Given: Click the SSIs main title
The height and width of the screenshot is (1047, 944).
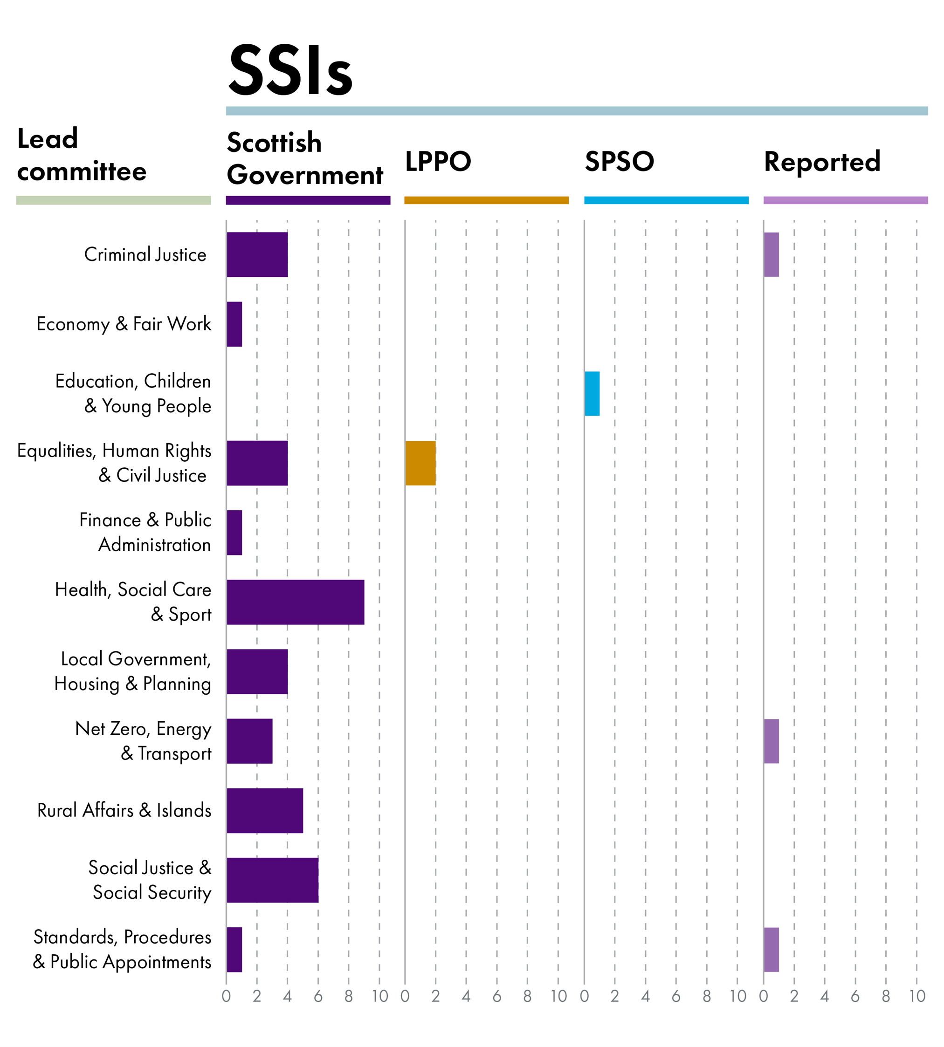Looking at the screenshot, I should click(x=290, y=71).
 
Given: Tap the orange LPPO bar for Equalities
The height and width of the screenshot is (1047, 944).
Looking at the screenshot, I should click(x=420, y=463).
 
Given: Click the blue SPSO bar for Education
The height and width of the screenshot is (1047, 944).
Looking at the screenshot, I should click(x=592, y=393).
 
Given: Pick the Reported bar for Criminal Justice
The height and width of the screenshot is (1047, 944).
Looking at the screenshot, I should click(x=771, y=254).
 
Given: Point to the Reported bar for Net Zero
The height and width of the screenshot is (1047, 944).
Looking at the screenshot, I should click(x=771, y=741).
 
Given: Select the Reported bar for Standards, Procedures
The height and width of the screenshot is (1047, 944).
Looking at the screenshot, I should click(x=771, y=950).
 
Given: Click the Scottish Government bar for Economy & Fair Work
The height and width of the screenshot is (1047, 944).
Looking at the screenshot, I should click(x=234, y=324).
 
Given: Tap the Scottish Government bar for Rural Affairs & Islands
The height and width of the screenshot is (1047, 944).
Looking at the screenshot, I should click(x=264, y=811).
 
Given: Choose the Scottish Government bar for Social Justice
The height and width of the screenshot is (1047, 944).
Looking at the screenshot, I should click(x=272, y=880).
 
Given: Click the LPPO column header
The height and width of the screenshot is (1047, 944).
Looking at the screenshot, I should click(x=438, y=161).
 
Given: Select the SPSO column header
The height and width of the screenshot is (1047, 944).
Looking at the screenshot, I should click(x=619, y=161).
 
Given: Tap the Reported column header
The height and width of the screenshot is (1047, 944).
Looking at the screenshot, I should click(x=822, y=162).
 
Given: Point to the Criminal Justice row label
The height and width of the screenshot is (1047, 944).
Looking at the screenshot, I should click(x=145, y=254).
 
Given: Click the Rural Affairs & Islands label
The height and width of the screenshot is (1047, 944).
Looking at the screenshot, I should click(x=124, y=811).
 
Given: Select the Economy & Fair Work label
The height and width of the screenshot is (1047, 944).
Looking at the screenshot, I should click(x=124, y=324).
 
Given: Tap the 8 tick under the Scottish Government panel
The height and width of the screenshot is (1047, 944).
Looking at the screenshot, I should click(x=349, y=996).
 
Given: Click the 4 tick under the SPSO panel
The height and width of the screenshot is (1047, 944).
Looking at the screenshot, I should click(x=645, y=996).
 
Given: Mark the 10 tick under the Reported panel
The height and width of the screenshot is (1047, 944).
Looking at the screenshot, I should click(x=917, y=996).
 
